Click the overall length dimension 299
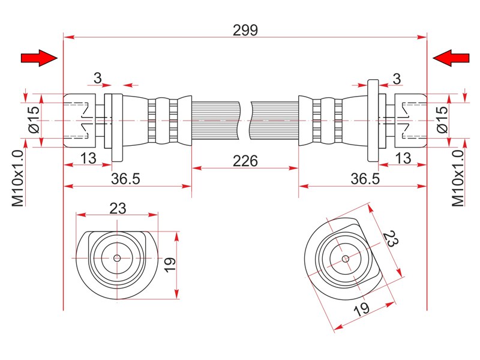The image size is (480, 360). click(245, 31)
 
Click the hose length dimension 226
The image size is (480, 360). click(245, 161)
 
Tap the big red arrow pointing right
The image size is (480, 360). click(39, 58)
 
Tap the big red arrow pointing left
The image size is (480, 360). click(451, 58)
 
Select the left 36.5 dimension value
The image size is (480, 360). click(125, 179)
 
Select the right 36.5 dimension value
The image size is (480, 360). click(365, 179)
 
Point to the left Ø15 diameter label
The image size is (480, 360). click(34, 119)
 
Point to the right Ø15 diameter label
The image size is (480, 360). click(442, 119)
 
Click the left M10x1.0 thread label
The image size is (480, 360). click(18, 178)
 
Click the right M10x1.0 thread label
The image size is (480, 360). click(458, 178)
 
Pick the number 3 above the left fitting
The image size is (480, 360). click(98, 78)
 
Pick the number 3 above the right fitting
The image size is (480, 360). click(397, 79)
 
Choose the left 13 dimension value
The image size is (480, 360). click(88, 158)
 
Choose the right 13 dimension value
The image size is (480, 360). click(403, 158)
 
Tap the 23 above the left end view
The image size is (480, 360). click(118, 208)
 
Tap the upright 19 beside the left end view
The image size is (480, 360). click(170, 265)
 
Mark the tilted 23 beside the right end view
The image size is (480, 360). click(391, 239)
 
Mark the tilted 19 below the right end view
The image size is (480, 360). click(362, 310)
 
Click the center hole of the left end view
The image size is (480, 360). click(117, 258)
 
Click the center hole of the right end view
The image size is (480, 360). click(346, 259)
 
